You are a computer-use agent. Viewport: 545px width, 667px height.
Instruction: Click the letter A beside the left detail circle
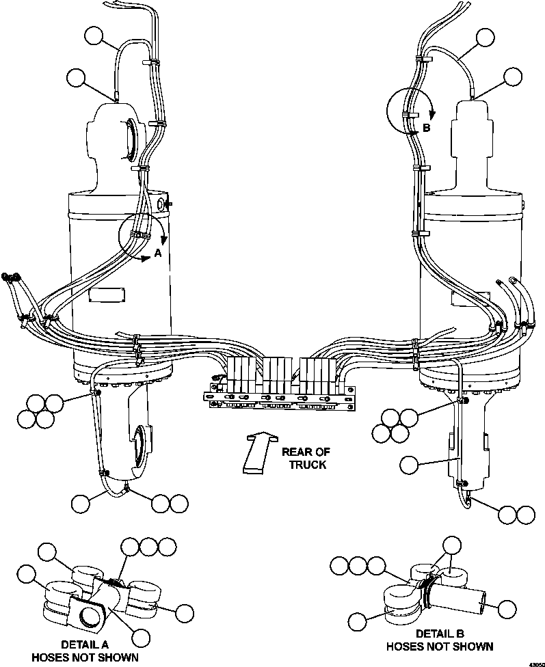coord(157,253)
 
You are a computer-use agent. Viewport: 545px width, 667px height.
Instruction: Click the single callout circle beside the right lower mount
coord(410,465)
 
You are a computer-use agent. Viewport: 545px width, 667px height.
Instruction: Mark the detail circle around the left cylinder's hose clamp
coord(142,234)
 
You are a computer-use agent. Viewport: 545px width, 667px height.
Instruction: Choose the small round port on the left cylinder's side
coord(162,204)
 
